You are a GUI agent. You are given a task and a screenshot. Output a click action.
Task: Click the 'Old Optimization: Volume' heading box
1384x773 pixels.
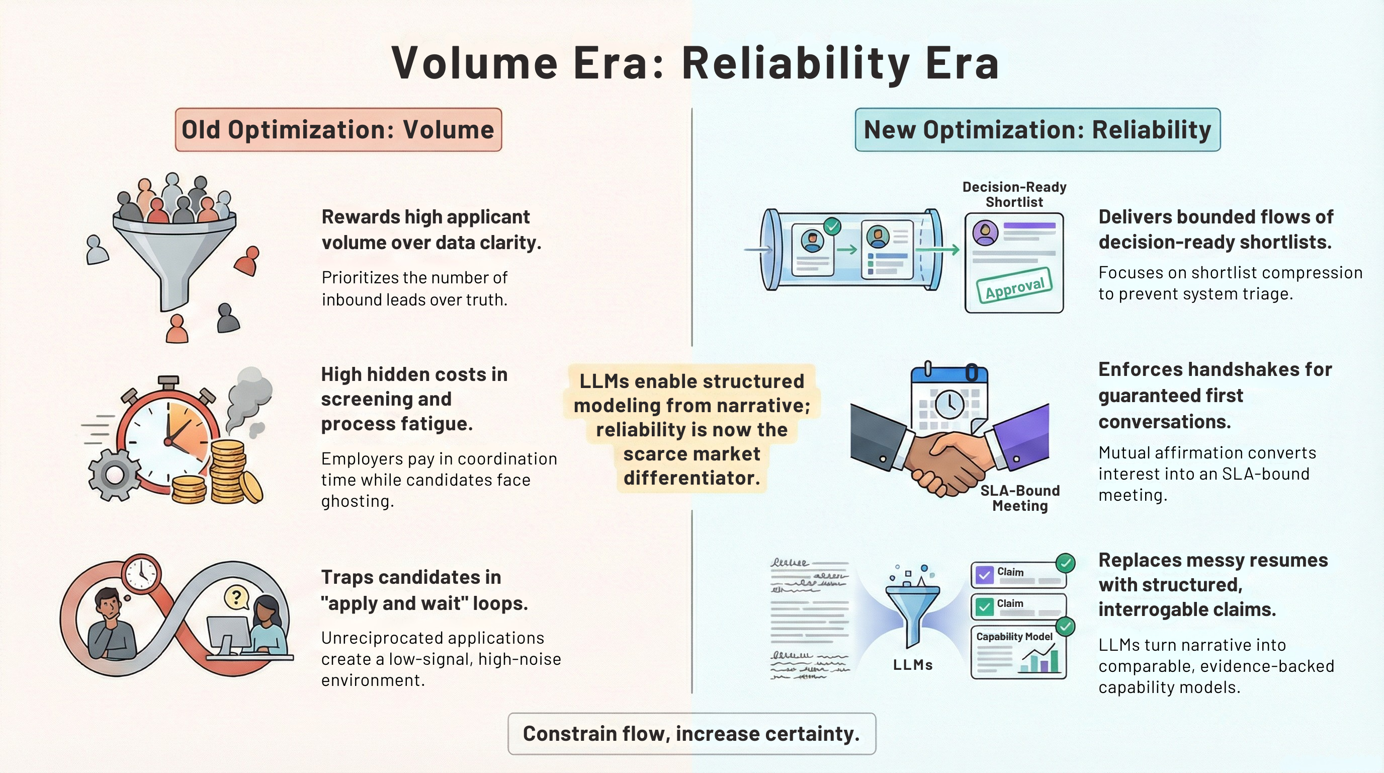point(338,129)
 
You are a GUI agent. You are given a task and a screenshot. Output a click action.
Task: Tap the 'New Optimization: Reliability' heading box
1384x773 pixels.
point(1037,129)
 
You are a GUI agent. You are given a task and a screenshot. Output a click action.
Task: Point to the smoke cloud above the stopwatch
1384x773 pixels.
point(249,398)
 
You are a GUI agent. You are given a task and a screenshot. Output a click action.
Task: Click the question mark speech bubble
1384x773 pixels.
point(236,597)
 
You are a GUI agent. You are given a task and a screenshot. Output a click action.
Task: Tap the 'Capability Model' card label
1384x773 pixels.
point(1014,637)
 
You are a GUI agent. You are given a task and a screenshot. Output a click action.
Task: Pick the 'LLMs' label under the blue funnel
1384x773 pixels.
point(913,665)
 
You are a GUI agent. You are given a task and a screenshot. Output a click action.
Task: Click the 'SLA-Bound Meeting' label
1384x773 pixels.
point(1020,498)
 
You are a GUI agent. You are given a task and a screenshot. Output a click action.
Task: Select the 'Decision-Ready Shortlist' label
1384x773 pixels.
point(1014,195)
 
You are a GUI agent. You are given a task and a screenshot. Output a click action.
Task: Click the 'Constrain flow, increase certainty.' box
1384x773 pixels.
point(692,734)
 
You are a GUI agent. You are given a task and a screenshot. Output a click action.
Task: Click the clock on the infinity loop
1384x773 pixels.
point(141,573)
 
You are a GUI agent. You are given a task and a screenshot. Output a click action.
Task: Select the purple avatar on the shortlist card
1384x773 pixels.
point(985,232)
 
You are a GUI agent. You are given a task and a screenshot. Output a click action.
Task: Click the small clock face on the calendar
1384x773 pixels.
point(949,404)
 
